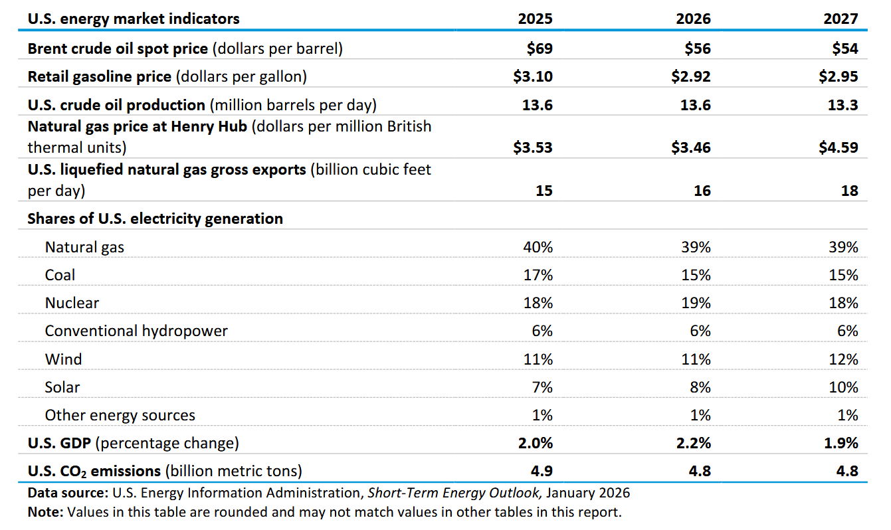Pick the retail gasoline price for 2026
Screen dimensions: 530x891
(x=691, y=76)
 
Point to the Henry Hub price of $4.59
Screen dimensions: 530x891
(x=839, y=147)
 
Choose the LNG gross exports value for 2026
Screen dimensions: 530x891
(x=702, y=191)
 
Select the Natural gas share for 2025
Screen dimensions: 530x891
(x=538, y=247)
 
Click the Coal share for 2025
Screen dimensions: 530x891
(x=538, y=275)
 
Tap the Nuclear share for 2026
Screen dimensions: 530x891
(x=696, y=303)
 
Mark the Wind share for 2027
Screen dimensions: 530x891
(x=844, y=359)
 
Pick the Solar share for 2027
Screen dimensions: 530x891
(x=843, y=387)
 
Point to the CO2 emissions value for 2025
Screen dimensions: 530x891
(x=542, y=471)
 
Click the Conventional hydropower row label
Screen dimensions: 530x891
(x=136, y=331)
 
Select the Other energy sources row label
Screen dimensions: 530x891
(x=120, y=415)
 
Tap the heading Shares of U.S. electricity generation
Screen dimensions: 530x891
(x=155, y=219)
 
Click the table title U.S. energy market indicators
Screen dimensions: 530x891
(x=134, y=19)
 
